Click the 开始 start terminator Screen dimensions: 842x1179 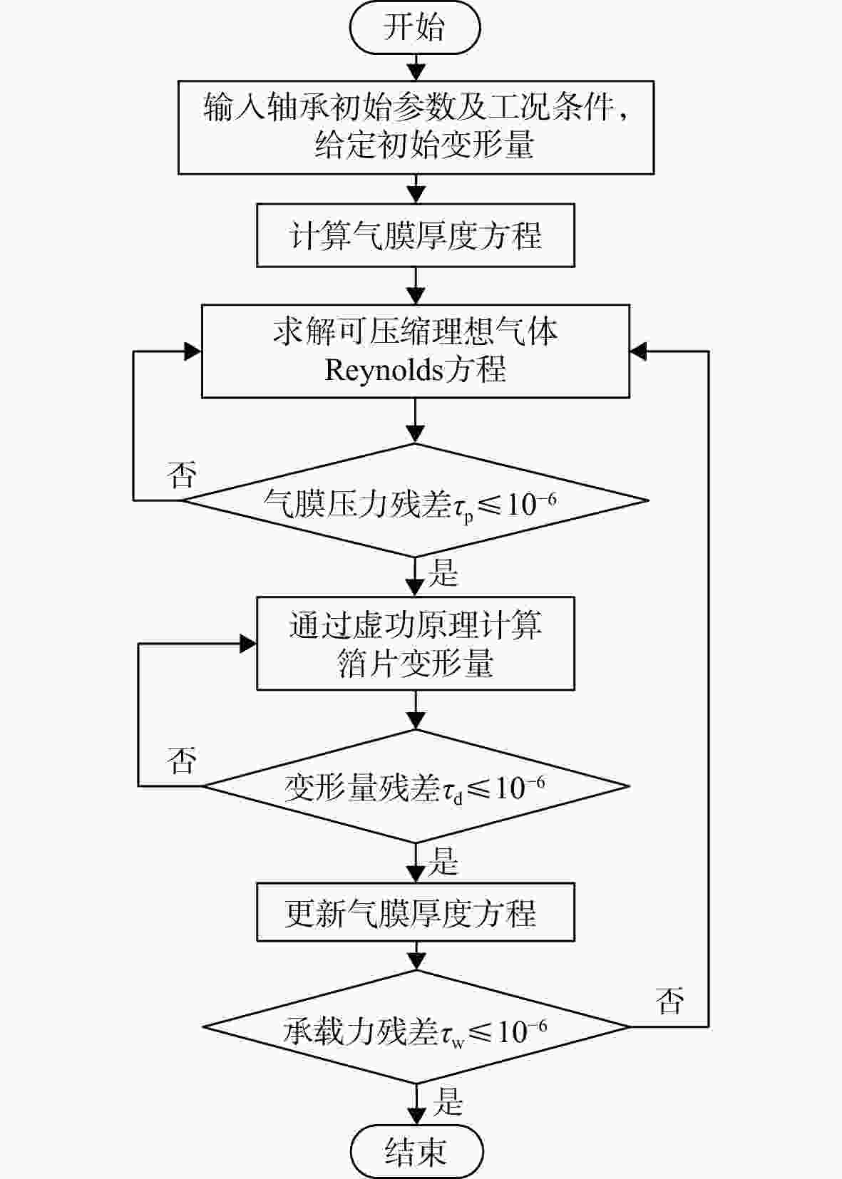(x=415, y=27)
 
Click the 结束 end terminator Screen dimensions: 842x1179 (x=416, y=1151)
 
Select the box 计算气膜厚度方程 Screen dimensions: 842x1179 (x=416, y=235)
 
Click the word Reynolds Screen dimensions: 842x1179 (x=384, y=370)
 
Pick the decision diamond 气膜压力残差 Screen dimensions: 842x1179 (x=416, y=500)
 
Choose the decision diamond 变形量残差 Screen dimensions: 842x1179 (x=416, y=786)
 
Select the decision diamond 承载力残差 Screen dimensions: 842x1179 (x=416, y=1026)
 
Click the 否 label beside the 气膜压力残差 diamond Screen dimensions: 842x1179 (x=182, y=474)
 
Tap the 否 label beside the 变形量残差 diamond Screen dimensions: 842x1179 (x=182, y=760)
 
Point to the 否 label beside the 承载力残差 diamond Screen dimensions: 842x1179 (x=669, y=1001)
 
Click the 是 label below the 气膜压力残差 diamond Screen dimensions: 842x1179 (x=443, y=572)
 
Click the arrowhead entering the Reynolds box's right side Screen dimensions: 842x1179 (x=638, y=351)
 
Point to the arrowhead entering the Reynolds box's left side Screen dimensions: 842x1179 (x=193, y=351)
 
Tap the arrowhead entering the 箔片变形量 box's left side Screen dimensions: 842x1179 (x=248, y=643)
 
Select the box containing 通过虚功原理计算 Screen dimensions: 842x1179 (x=416, y=643)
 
